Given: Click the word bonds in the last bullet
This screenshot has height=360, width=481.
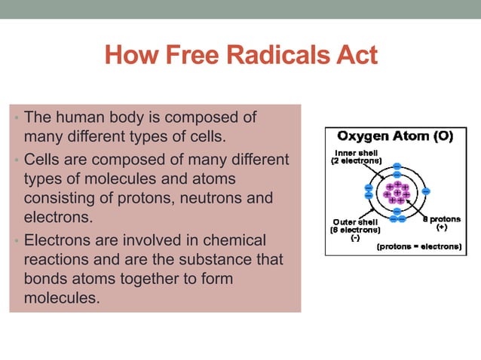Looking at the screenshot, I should coord(46,279).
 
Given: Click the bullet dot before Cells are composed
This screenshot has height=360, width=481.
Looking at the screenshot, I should coord(17,161).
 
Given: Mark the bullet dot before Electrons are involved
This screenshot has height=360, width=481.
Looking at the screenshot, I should coord(17,242).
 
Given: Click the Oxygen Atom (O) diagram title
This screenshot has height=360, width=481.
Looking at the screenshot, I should coord(395,137).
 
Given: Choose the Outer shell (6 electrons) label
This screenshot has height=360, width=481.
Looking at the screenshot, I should coord(357,226).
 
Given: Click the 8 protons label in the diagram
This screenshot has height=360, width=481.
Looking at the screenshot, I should coord(441,220).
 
